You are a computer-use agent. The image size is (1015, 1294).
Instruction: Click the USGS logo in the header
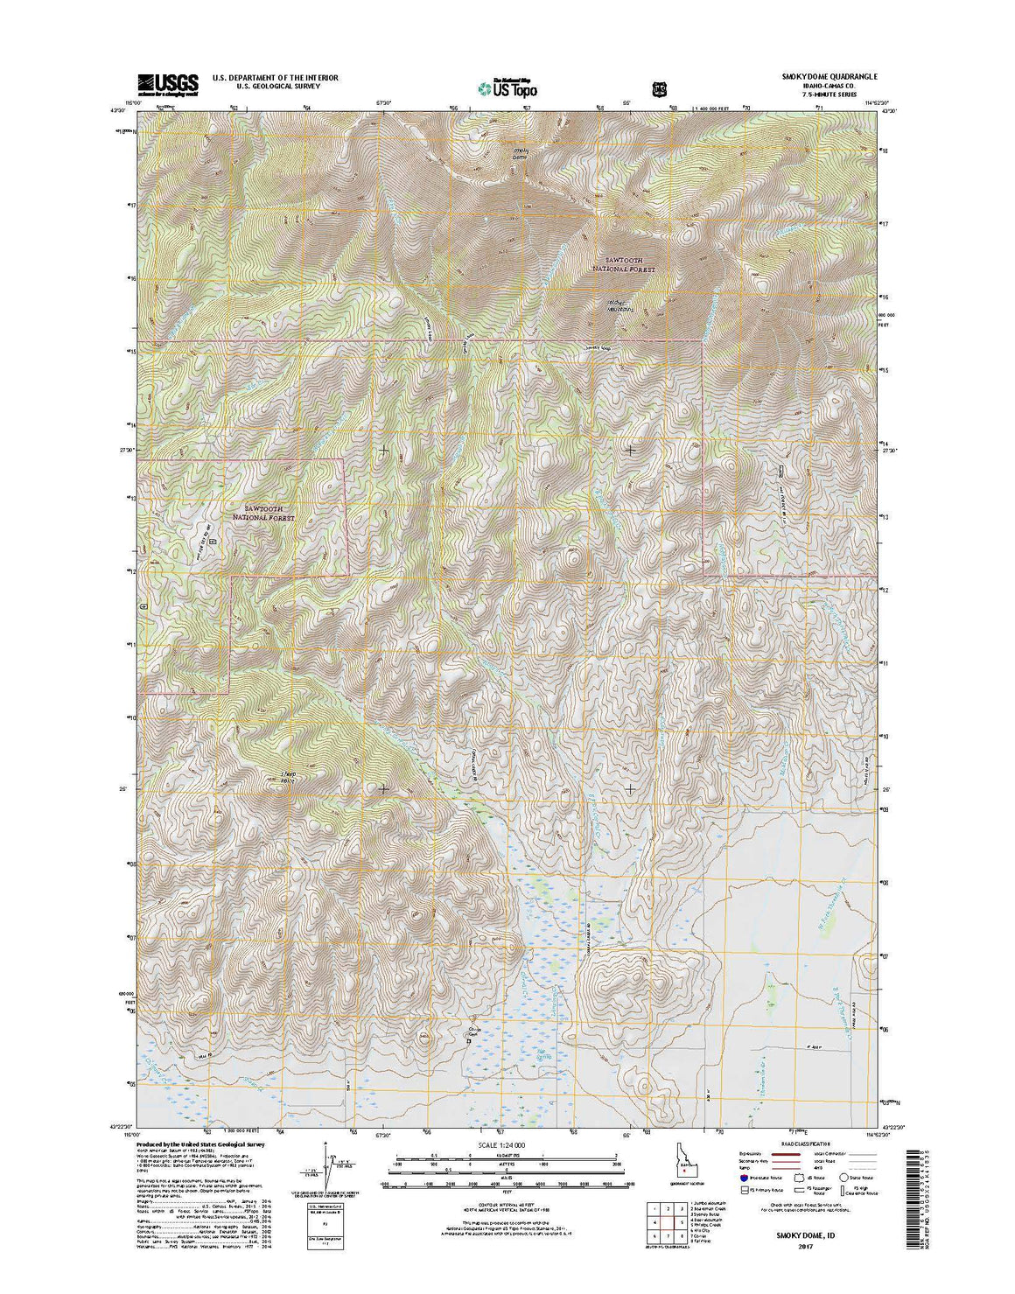click(167, 84)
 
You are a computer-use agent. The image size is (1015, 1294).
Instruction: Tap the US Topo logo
click(507, 87)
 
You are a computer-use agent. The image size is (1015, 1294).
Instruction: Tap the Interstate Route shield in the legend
click(745, 1179)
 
